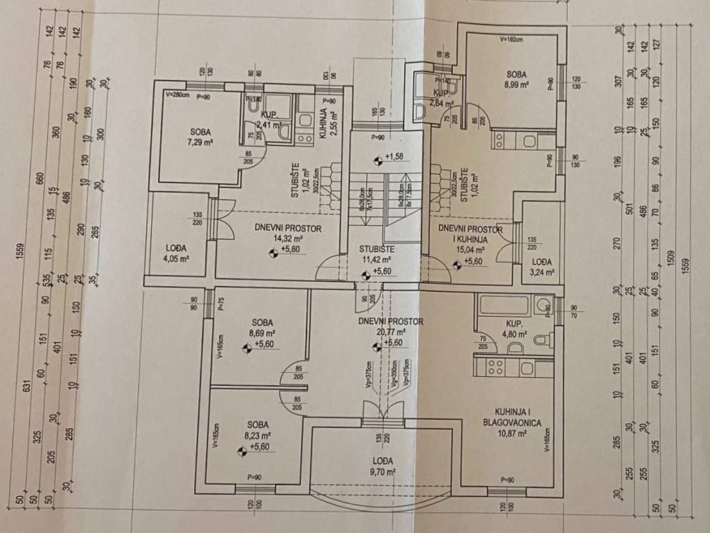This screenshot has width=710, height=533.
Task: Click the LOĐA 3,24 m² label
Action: tap(542, 267)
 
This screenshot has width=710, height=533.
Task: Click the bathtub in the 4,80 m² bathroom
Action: tap(504, 304)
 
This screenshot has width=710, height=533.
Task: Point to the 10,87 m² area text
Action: tap(512, 433)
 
